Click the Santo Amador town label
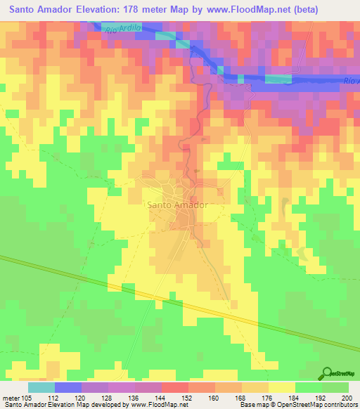[177, 205]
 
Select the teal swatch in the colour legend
[41, 387]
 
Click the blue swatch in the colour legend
[67, 387]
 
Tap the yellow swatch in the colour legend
[281, 387]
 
